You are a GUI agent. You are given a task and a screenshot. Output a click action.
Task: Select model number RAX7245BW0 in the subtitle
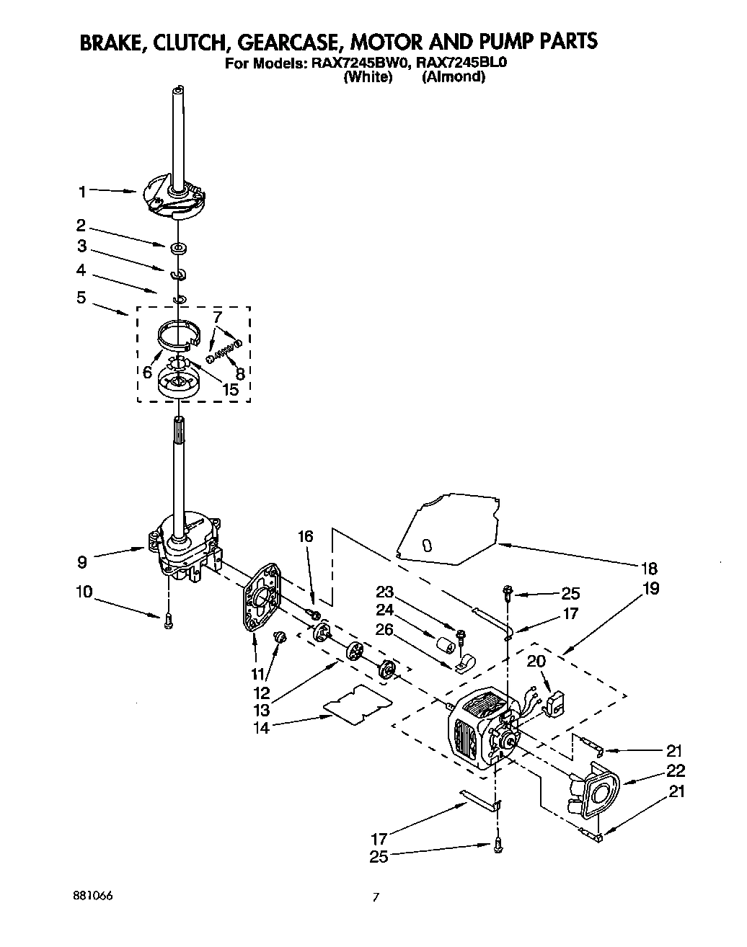tap(359, 63)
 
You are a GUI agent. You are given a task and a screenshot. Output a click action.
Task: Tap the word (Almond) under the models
tap(453, 76)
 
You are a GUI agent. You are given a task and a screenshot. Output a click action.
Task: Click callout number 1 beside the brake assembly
tap(82, 191)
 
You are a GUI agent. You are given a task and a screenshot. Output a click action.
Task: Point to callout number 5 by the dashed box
tap(81, 296)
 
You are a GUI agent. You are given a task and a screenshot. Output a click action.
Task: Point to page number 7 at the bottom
tap(375, 897)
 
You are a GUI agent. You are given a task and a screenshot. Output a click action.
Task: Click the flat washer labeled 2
tap(178, 249)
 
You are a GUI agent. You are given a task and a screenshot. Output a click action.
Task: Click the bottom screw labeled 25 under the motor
tap(497, 848)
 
